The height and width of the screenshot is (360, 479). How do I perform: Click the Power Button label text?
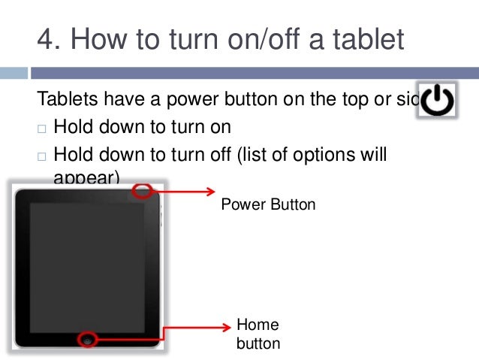pyautogui.click(x=268, y=204)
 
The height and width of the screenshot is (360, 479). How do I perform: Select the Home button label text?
pyautogui.click(x=258, y=334)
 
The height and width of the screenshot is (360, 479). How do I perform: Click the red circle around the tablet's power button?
pyautogui.click(x=142, y=192)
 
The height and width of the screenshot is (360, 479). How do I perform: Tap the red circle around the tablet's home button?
pyautogui.click(x=89, y=339)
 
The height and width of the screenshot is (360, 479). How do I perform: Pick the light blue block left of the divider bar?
pyautogui.click(x=14, y=74)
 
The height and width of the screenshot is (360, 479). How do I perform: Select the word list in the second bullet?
pyautogui.click(x=264, y=156)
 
